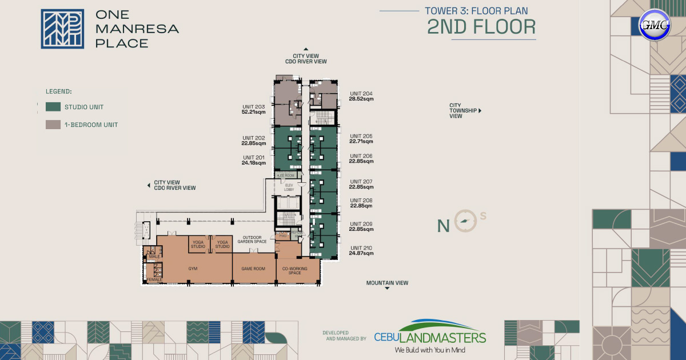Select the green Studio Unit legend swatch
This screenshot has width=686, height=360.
click(53, 106)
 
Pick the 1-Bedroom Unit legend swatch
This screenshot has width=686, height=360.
click(53, 125)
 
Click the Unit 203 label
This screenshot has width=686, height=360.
click(253, 107)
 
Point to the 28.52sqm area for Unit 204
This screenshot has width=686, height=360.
click(361, 99)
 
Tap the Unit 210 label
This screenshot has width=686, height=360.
click(361, 247)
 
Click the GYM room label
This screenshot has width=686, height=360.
click(193, 268)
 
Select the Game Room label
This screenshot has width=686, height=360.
click(253, 268)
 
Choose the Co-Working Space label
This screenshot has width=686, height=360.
click(295, 270)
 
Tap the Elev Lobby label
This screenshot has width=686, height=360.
click(289, 187)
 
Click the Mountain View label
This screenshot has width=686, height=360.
click(387, 283)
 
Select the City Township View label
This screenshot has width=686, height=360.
click(462, 110)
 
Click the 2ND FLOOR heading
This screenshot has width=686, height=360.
click(481, 27)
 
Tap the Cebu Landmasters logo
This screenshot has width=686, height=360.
click(430, 336)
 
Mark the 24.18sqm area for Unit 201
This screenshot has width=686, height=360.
click(254, 163)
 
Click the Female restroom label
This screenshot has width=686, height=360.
click(154, 279)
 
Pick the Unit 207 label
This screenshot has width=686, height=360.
click(361, 181)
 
